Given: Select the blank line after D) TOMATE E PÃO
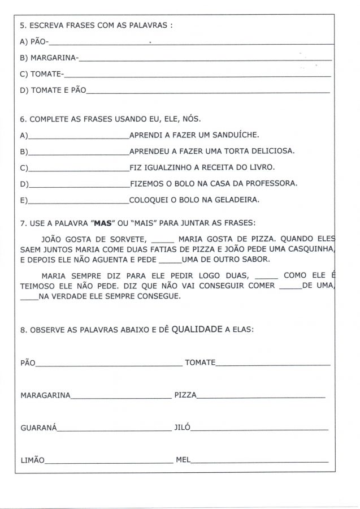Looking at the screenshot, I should [208, 90].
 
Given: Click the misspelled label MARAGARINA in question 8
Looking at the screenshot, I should [45, 395].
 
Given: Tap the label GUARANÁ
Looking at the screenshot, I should [38, 428].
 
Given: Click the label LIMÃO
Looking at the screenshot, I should [32, 461].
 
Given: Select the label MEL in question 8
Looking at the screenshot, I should [183, 460].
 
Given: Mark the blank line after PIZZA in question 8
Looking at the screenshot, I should [261, 396].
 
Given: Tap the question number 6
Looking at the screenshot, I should [22, 119].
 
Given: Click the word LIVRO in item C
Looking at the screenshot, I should [262, 167].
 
